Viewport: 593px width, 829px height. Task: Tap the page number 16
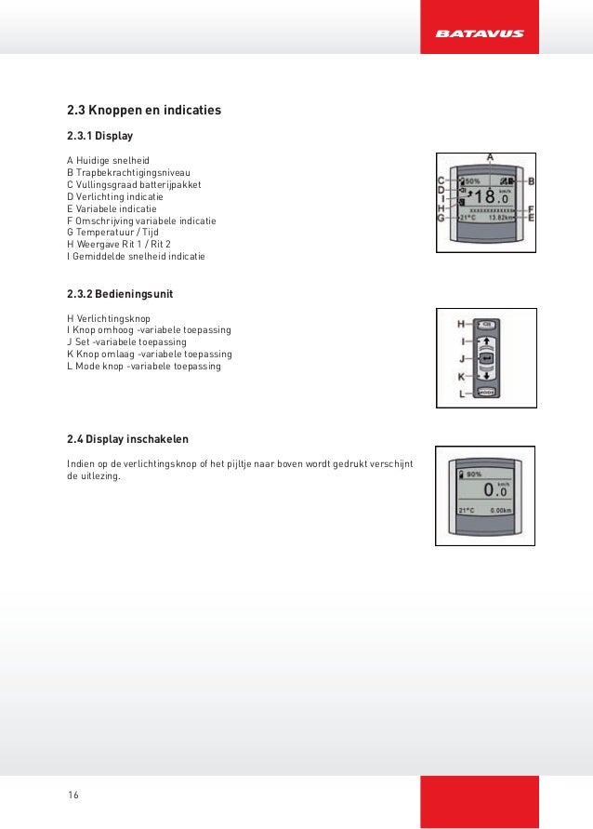(73, 794)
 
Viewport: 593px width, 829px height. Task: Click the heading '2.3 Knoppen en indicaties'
(144, 111)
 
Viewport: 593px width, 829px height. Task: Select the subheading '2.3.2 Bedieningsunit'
(120, 294)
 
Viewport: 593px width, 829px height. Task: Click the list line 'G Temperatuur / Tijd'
(113, 233)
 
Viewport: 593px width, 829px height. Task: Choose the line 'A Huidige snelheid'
(108, 161)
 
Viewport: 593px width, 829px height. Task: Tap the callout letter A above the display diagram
(489, 157)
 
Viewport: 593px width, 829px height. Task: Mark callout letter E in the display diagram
(531, 218)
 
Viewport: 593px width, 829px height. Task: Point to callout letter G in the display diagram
(442, 218)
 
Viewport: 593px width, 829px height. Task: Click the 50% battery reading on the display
(472, 181)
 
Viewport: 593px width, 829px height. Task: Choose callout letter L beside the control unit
(461, 394)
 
